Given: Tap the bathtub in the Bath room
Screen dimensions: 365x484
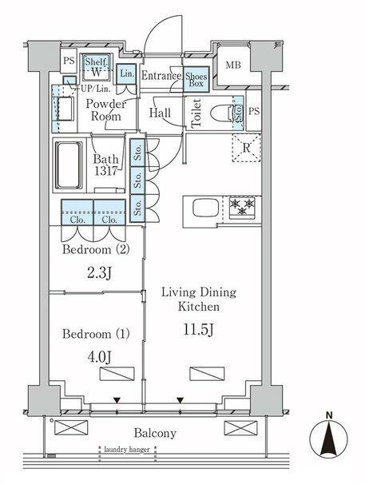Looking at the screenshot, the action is click(x=69, y=165).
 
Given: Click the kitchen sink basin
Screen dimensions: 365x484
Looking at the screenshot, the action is click(x=205, y=208).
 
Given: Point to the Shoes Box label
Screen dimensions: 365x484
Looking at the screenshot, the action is click(x=196, y=80).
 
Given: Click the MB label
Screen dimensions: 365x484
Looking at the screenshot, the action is click(x=233, y=65).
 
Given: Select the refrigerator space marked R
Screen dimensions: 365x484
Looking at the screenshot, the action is click(x=246, y=148).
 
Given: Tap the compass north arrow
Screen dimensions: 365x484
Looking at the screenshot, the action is click(x=329, y=439).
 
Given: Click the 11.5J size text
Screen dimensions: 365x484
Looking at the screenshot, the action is click(x=198, y=330).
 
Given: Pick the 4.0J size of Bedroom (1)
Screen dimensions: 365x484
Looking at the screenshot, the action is click(x=99, y=356).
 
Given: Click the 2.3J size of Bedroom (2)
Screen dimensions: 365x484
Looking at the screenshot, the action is click(x=99, y=273).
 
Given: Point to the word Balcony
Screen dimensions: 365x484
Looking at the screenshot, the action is click(x=155, y=434).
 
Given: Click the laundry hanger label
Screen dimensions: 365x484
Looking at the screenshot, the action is click(x=127, y=450).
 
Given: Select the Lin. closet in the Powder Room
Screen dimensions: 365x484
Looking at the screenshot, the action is click(x=127, y=73).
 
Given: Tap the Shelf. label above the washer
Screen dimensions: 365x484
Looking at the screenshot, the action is click(x=97, y=61).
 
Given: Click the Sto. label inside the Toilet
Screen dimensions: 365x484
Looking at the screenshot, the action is click(x=238, y=113).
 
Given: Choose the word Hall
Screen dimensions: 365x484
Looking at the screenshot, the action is click(x=160, y=113).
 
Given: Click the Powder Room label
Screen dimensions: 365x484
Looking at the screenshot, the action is click(x=106, y=110).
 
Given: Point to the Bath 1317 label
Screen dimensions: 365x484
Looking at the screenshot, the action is click(x=105, y=165).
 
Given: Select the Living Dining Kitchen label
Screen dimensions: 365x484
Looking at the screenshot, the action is click(x=199, y=299).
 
